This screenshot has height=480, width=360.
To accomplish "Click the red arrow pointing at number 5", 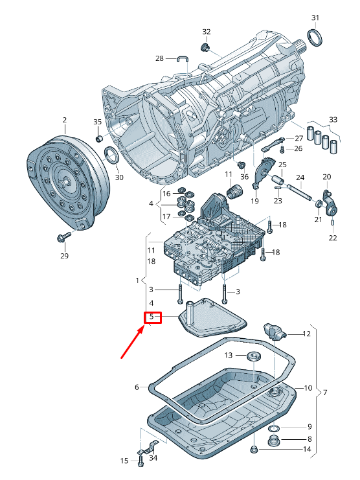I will pos(131,343).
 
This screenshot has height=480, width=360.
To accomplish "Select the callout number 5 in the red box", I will pos(152,317).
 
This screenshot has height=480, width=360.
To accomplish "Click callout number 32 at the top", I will pos(207,32).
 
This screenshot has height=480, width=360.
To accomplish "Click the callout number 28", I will pos(159,58).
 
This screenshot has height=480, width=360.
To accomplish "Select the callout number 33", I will pos(333,120).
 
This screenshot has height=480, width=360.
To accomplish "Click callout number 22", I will pos(332,238).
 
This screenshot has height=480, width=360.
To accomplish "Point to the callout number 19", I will pos(254,201).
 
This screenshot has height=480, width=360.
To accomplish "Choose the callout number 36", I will pos(244,177).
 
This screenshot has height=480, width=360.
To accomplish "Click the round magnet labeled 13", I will pos(253,356).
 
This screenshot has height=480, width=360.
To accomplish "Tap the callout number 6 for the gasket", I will pos(137,387).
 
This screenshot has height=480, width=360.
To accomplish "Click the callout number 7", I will pos(325,393).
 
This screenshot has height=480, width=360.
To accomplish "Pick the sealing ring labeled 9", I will pos(275,428).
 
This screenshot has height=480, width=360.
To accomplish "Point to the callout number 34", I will pos(153,458).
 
